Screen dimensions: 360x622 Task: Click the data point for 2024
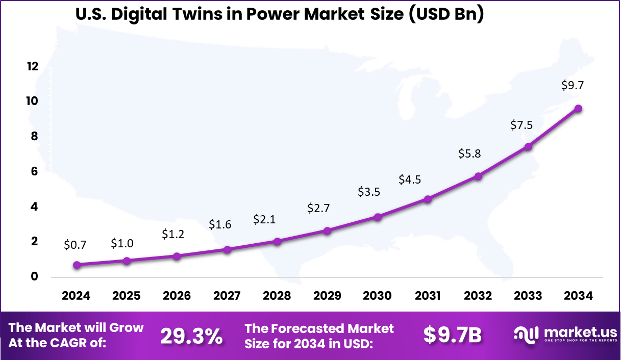(77, 265)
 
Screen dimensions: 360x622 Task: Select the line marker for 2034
(579, 108)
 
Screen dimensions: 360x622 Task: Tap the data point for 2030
(378, 217)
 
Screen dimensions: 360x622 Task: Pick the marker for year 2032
(479, 176)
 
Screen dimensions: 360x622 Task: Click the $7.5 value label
(522, 125)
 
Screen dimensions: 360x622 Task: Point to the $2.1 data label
(265, 220)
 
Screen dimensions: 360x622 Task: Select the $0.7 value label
(76, 245)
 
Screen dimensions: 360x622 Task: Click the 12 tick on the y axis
(33, 66)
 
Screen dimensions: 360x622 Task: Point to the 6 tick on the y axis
(34, 171)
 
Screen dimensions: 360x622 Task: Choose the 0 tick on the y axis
(34, 277)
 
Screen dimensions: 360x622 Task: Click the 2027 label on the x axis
(227, 296)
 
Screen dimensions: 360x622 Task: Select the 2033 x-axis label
(529, 296)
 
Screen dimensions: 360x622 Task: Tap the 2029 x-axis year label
(328, 296)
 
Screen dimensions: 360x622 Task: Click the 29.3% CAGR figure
(191, 336)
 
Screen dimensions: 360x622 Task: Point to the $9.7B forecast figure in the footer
(453, 336)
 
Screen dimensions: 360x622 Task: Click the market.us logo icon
(527, 335)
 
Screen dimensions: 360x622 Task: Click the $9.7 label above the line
(573, 86)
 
